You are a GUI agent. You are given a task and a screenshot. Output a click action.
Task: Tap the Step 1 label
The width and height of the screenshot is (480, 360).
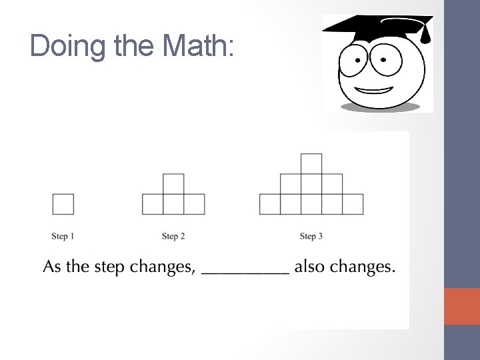(63, 236)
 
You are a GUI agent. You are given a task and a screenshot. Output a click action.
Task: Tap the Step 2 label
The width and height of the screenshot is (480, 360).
(173, 236)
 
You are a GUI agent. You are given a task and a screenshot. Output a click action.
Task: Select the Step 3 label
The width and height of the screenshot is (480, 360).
(311, 236)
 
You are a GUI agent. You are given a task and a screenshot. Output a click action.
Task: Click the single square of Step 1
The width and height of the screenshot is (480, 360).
(63, 204)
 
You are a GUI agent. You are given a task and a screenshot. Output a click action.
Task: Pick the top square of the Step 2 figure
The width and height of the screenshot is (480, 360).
(173, 184)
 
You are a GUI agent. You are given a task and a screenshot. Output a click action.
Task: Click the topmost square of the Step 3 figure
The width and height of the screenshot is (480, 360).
(311, 163)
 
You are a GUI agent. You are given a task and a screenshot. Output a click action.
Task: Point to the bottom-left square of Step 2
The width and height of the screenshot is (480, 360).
(153, 204)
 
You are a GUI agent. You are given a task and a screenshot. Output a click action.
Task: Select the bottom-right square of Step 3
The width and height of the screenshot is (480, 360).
(353, 204)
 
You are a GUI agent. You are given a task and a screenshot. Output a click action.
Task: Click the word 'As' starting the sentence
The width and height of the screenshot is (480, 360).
(52, 268)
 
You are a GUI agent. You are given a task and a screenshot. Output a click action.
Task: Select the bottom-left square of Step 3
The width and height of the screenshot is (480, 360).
(270, 204)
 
